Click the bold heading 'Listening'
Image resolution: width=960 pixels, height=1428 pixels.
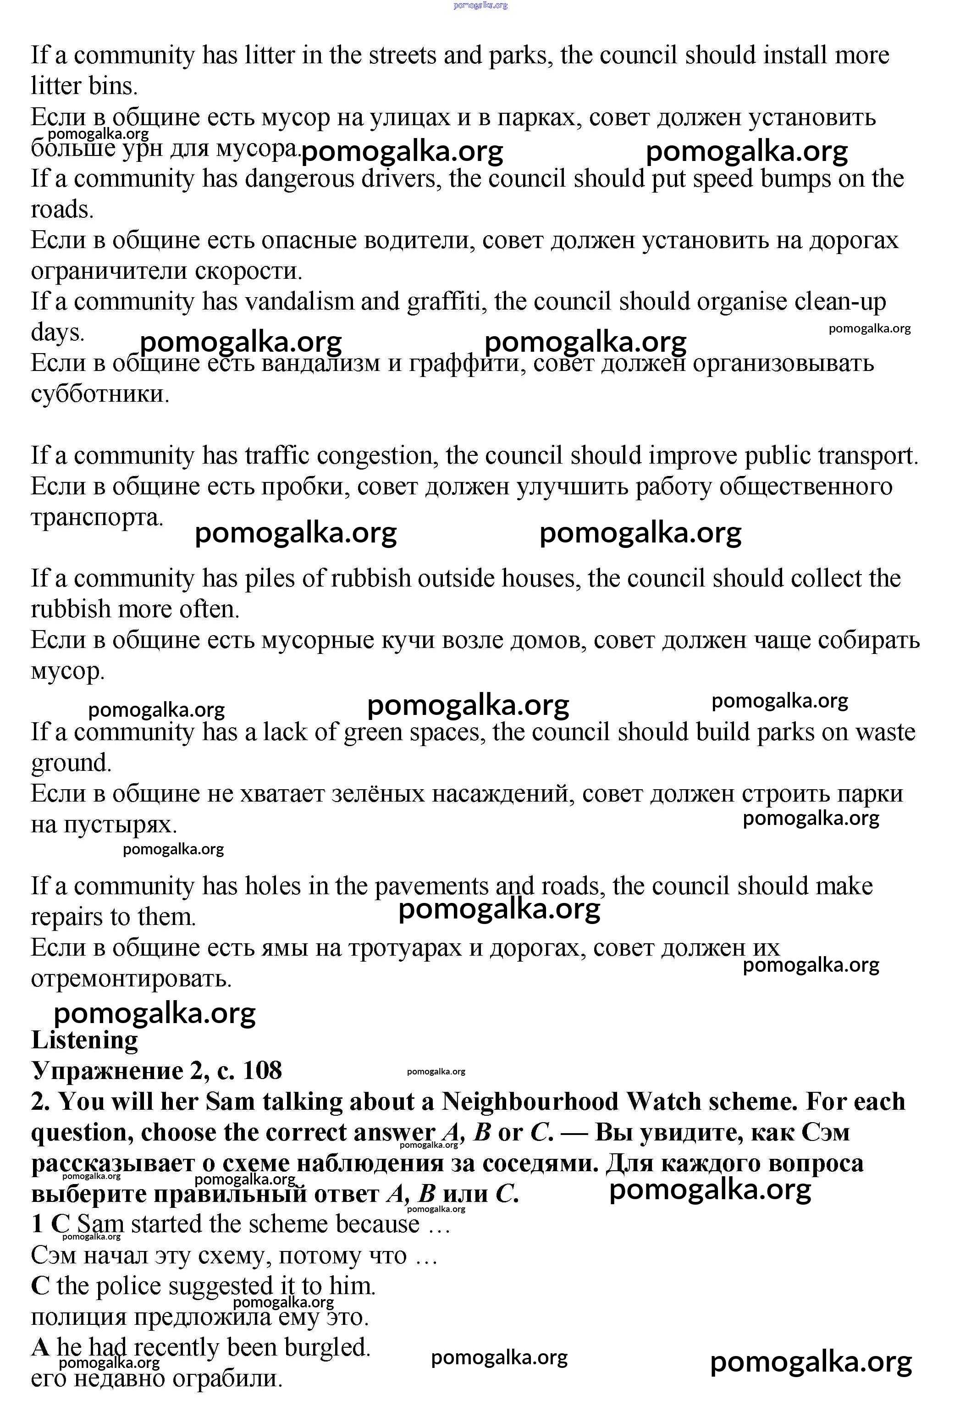click(x=84, y=1039)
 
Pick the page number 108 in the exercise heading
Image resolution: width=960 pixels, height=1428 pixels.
click(x=263, y=1070)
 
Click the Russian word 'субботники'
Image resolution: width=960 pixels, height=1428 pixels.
click(x=100, y=393)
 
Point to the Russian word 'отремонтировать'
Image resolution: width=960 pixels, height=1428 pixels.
click(x=131, y=978)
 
